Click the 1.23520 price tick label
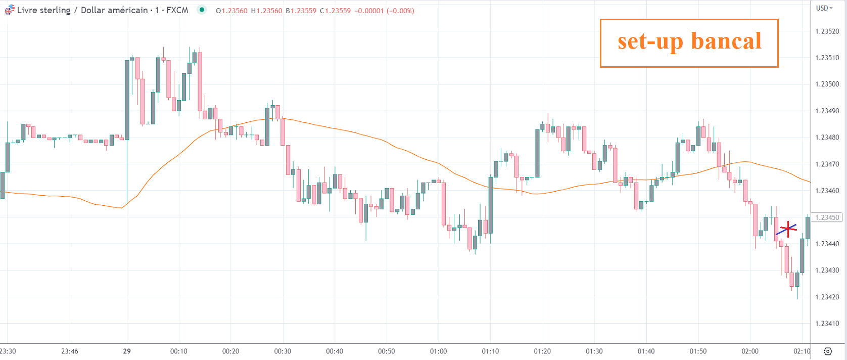click(x=827, y=31)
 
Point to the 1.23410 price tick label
click(x=827, y=324)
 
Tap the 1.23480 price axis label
click(x=827, y=138)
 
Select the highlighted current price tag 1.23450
click(x=826, y=217)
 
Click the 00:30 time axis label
click(x=283, y=351)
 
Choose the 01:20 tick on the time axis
click(x=542, y=351)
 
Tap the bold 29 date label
click(x=127, y=351)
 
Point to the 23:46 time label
click(x=70, y=351)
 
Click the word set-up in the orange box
click(x=650, y=41)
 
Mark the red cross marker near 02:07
click(x=788, y=229)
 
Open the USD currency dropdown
click(x=824, y=8)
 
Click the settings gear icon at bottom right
click(x=828, y=351)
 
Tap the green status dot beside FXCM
click(x=202, y=10)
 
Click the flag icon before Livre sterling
click(x=10, y=10)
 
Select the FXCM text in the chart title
click(x=177, y=10)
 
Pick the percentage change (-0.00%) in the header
click(x=400, y=11)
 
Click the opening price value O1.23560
click(x=232, y=11)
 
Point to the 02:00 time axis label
click(x=750, y=351)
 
